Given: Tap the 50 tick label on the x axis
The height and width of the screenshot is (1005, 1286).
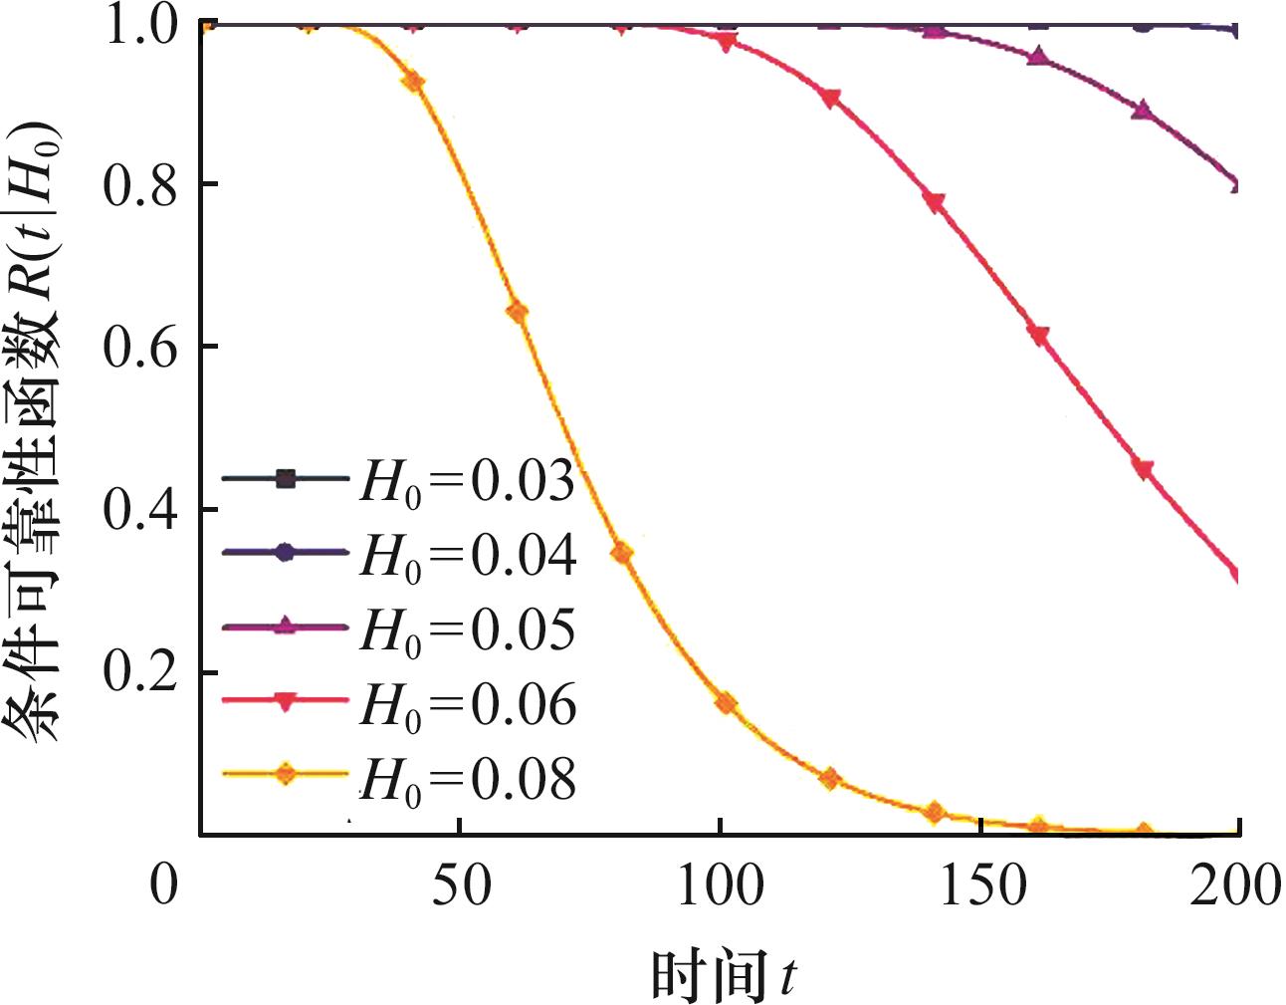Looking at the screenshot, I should [x=461, y=884].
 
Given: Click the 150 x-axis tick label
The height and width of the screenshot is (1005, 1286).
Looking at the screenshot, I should [x=981, y=884].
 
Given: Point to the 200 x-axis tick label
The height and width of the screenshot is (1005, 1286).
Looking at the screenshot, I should [x=1234, y=884].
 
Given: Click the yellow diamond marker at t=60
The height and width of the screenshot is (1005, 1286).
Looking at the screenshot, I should [x=517, y=313].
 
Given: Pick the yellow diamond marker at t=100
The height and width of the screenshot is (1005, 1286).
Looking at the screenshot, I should [x=726, y=703].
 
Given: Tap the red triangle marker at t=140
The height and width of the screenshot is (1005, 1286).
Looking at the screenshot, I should [x=935, y=202].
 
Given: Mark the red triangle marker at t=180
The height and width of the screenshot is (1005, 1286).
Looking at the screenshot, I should [x=1144, y=469].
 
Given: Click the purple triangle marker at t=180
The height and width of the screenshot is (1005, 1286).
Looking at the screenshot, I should [x=1144, y=110].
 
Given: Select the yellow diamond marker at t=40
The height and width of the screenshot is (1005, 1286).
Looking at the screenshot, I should [x=412, y=82].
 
